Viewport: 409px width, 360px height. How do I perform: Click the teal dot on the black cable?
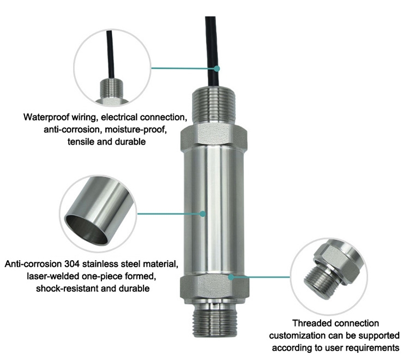tap(216, 69)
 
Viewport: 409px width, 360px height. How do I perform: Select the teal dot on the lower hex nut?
tap(231, 277)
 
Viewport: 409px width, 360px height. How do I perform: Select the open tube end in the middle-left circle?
tap(87, 226)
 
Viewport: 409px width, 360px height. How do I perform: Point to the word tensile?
tap(76, 142)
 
